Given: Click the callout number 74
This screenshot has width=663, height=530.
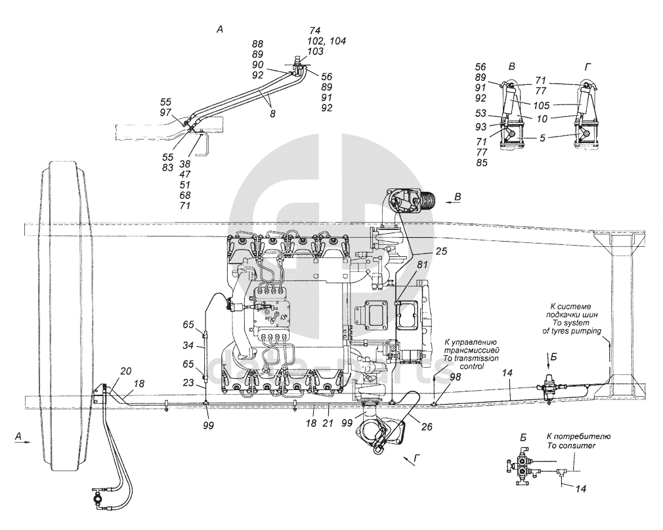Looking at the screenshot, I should [314, 31].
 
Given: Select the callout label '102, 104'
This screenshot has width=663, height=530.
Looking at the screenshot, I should [326, 41].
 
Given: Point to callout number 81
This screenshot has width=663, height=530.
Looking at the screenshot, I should [421, 265].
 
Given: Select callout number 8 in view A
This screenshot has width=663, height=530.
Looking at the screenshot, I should [272, 113].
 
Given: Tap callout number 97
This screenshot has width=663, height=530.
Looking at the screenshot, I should [165, 113].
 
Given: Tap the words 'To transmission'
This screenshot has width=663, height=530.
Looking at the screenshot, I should [471, 359].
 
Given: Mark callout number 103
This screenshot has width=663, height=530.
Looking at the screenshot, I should [314, 51].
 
